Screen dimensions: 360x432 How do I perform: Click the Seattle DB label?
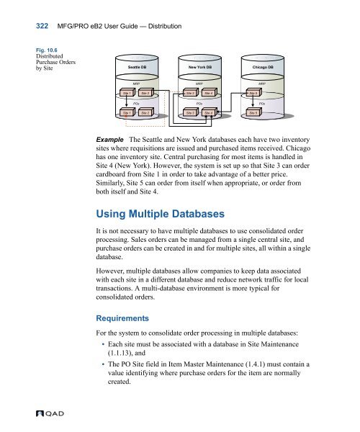click(137, 67)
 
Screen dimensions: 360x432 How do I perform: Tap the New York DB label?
click(200, 67)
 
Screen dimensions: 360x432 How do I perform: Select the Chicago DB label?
click(263, 67)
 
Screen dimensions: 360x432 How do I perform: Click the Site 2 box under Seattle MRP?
click(145, 93)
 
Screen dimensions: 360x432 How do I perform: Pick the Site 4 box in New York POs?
click(209, 112)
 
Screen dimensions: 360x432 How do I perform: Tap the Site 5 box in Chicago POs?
click(253, 112)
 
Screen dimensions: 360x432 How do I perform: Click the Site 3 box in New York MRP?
click(191, 93)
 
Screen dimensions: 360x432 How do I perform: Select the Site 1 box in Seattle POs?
click(127, 112)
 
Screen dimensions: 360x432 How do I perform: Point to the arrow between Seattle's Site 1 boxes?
click(127, 102)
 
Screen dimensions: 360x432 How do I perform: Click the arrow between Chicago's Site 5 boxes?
click(253, 102)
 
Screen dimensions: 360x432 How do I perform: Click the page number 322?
click(42, 26)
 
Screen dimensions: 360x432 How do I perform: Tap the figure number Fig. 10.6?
click(47, 50)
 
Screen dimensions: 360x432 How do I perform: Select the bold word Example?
click(109, 140)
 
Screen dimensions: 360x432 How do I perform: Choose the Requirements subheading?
click(122, 318)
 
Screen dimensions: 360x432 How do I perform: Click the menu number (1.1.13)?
click(120, 353)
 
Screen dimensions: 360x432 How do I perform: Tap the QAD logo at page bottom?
click(50, 413)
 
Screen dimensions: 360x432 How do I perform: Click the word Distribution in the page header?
click(165, 26)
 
